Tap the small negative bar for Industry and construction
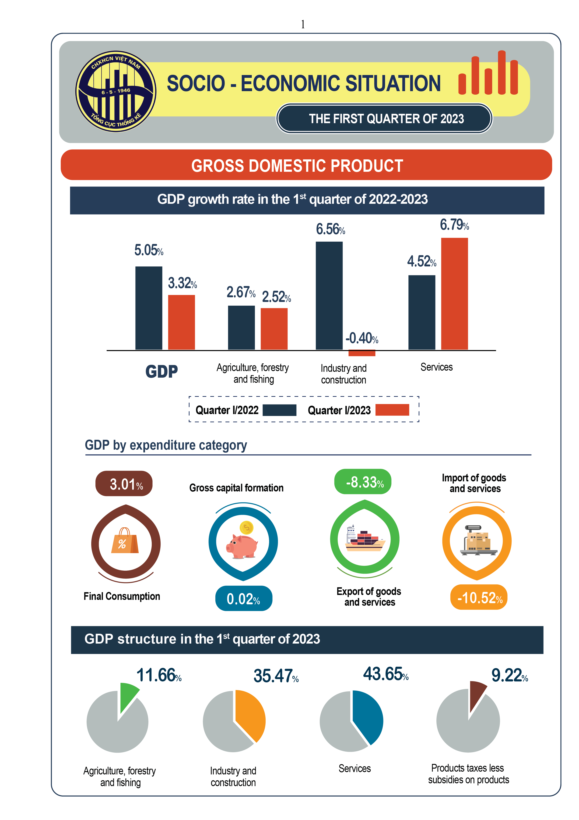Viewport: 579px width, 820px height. tap(362, 353)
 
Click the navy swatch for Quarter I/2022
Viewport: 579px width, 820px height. tap(279, 410)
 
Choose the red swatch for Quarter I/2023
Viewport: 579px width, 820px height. tap(392, 410)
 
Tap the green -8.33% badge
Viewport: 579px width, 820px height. tap(362, 482)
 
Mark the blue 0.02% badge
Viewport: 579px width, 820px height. tap(244, 598)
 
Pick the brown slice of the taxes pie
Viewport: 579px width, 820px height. tap(476, 693)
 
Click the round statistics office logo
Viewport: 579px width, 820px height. tap(116, 91)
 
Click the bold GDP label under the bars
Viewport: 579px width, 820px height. tap(161, 371)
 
